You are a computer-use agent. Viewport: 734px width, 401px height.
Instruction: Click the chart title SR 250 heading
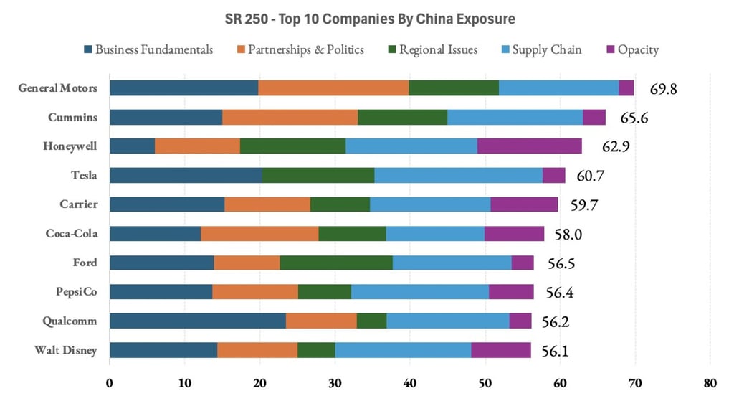[x=367, y=18]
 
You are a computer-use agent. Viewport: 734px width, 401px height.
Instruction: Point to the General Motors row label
[x=58, y=88]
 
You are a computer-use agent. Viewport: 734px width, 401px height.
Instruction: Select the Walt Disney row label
[x=67, y=350]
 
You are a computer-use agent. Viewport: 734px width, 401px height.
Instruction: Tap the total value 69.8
[x=663, y=89]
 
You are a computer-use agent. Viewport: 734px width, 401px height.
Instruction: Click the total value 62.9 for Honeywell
[x=611, y=147]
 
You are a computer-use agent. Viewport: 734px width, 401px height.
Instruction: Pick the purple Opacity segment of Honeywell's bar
[x=529, y=146]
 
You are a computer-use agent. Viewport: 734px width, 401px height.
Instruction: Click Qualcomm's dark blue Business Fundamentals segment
[x=197, y=321]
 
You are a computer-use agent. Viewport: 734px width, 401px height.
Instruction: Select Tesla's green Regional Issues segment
[x=318, y=175]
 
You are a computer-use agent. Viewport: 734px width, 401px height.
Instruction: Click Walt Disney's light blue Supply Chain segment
[x=403, y=349]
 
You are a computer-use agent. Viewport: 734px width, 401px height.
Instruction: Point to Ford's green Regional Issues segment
[x=335, y=263]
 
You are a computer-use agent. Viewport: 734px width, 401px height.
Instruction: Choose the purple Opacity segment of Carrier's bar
[x=524, y=204]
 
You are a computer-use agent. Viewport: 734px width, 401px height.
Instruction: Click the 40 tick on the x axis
[x=409, y=383]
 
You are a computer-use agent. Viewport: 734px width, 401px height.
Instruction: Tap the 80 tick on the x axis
[x=710, y=383]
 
